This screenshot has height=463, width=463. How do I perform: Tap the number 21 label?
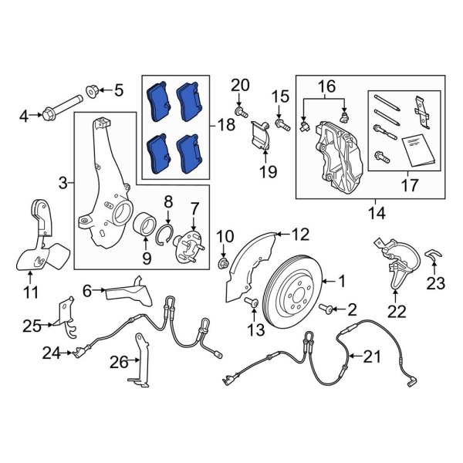pyautogui.click(x=373, y=357)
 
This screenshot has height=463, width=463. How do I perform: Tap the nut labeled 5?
pyautogui.click(x=92, y=92)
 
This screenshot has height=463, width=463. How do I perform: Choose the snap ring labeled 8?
pyautogui.click(x=164, y=235)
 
